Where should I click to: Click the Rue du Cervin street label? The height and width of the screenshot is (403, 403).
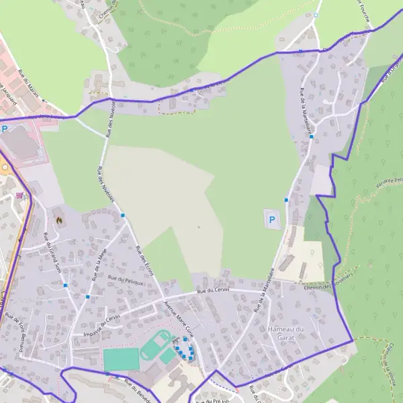pyautogui.click(x=213, y=290)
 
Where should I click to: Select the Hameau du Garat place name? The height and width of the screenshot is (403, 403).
pyautogui.click(x=286, y=333)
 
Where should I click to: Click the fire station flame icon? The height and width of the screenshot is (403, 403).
pyautogui.click(x=59, y=218)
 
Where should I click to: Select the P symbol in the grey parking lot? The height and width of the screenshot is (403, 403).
pyautogui.click(x=272, y=219)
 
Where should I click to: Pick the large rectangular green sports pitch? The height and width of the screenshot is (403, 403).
pyautogui.click(x=121, y=359)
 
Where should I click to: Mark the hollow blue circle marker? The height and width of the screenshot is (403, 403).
pyautogui.click(x=315, y=15)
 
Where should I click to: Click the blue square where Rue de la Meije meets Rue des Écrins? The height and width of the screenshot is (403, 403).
pyautogui.click(x=123, y=215)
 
